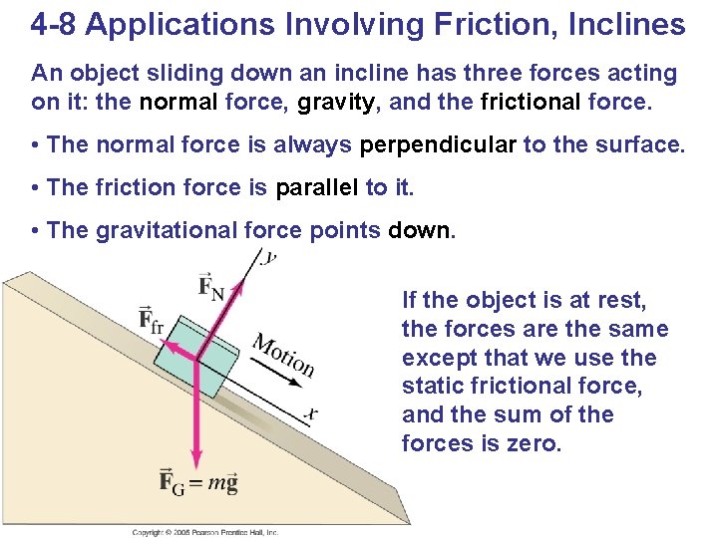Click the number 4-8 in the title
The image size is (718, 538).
[54, 25]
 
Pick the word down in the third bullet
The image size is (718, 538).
[420, 231]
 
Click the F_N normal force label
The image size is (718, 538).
[211, 289]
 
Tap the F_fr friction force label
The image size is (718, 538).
[153, 321]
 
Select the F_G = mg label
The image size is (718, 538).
[198, 485]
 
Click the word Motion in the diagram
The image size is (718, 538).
[283, 355]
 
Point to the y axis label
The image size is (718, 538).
[269, 258]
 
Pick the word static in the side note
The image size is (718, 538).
[435, 386]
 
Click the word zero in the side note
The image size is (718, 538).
[538, 442]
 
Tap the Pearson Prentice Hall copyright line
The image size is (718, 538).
[205, 533]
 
